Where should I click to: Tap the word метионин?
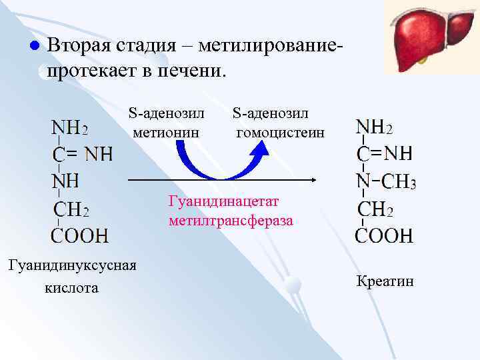(166, 133)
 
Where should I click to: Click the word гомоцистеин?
(281, 133)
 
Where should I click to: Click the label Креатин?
(385, 281)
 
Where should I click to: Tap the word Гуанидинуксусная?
(71, 265)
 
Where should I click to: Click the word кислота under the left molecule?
(71, 287)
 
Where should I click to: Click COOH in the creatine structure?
(384, 235)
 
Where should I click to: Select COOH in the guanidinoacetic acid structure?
(80, 235)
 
